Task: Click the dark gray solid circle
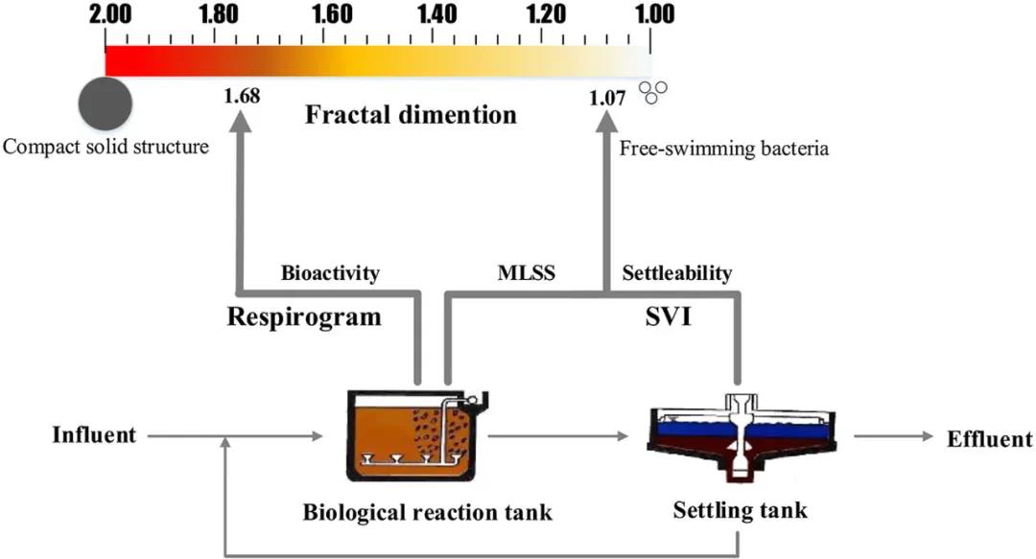[106, 102]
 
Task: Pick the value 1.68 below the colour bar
[241, 96]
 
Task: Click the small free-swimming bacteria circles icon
[654, 92]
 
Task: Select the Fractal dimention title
[411, 116]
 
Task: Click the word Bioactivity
[330, 273]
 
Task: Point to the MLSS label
[523, 273]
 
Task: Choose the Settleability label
[677, 273]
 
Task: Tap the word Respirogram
[303, 317]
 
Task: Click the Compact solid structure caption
[106, 148]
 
